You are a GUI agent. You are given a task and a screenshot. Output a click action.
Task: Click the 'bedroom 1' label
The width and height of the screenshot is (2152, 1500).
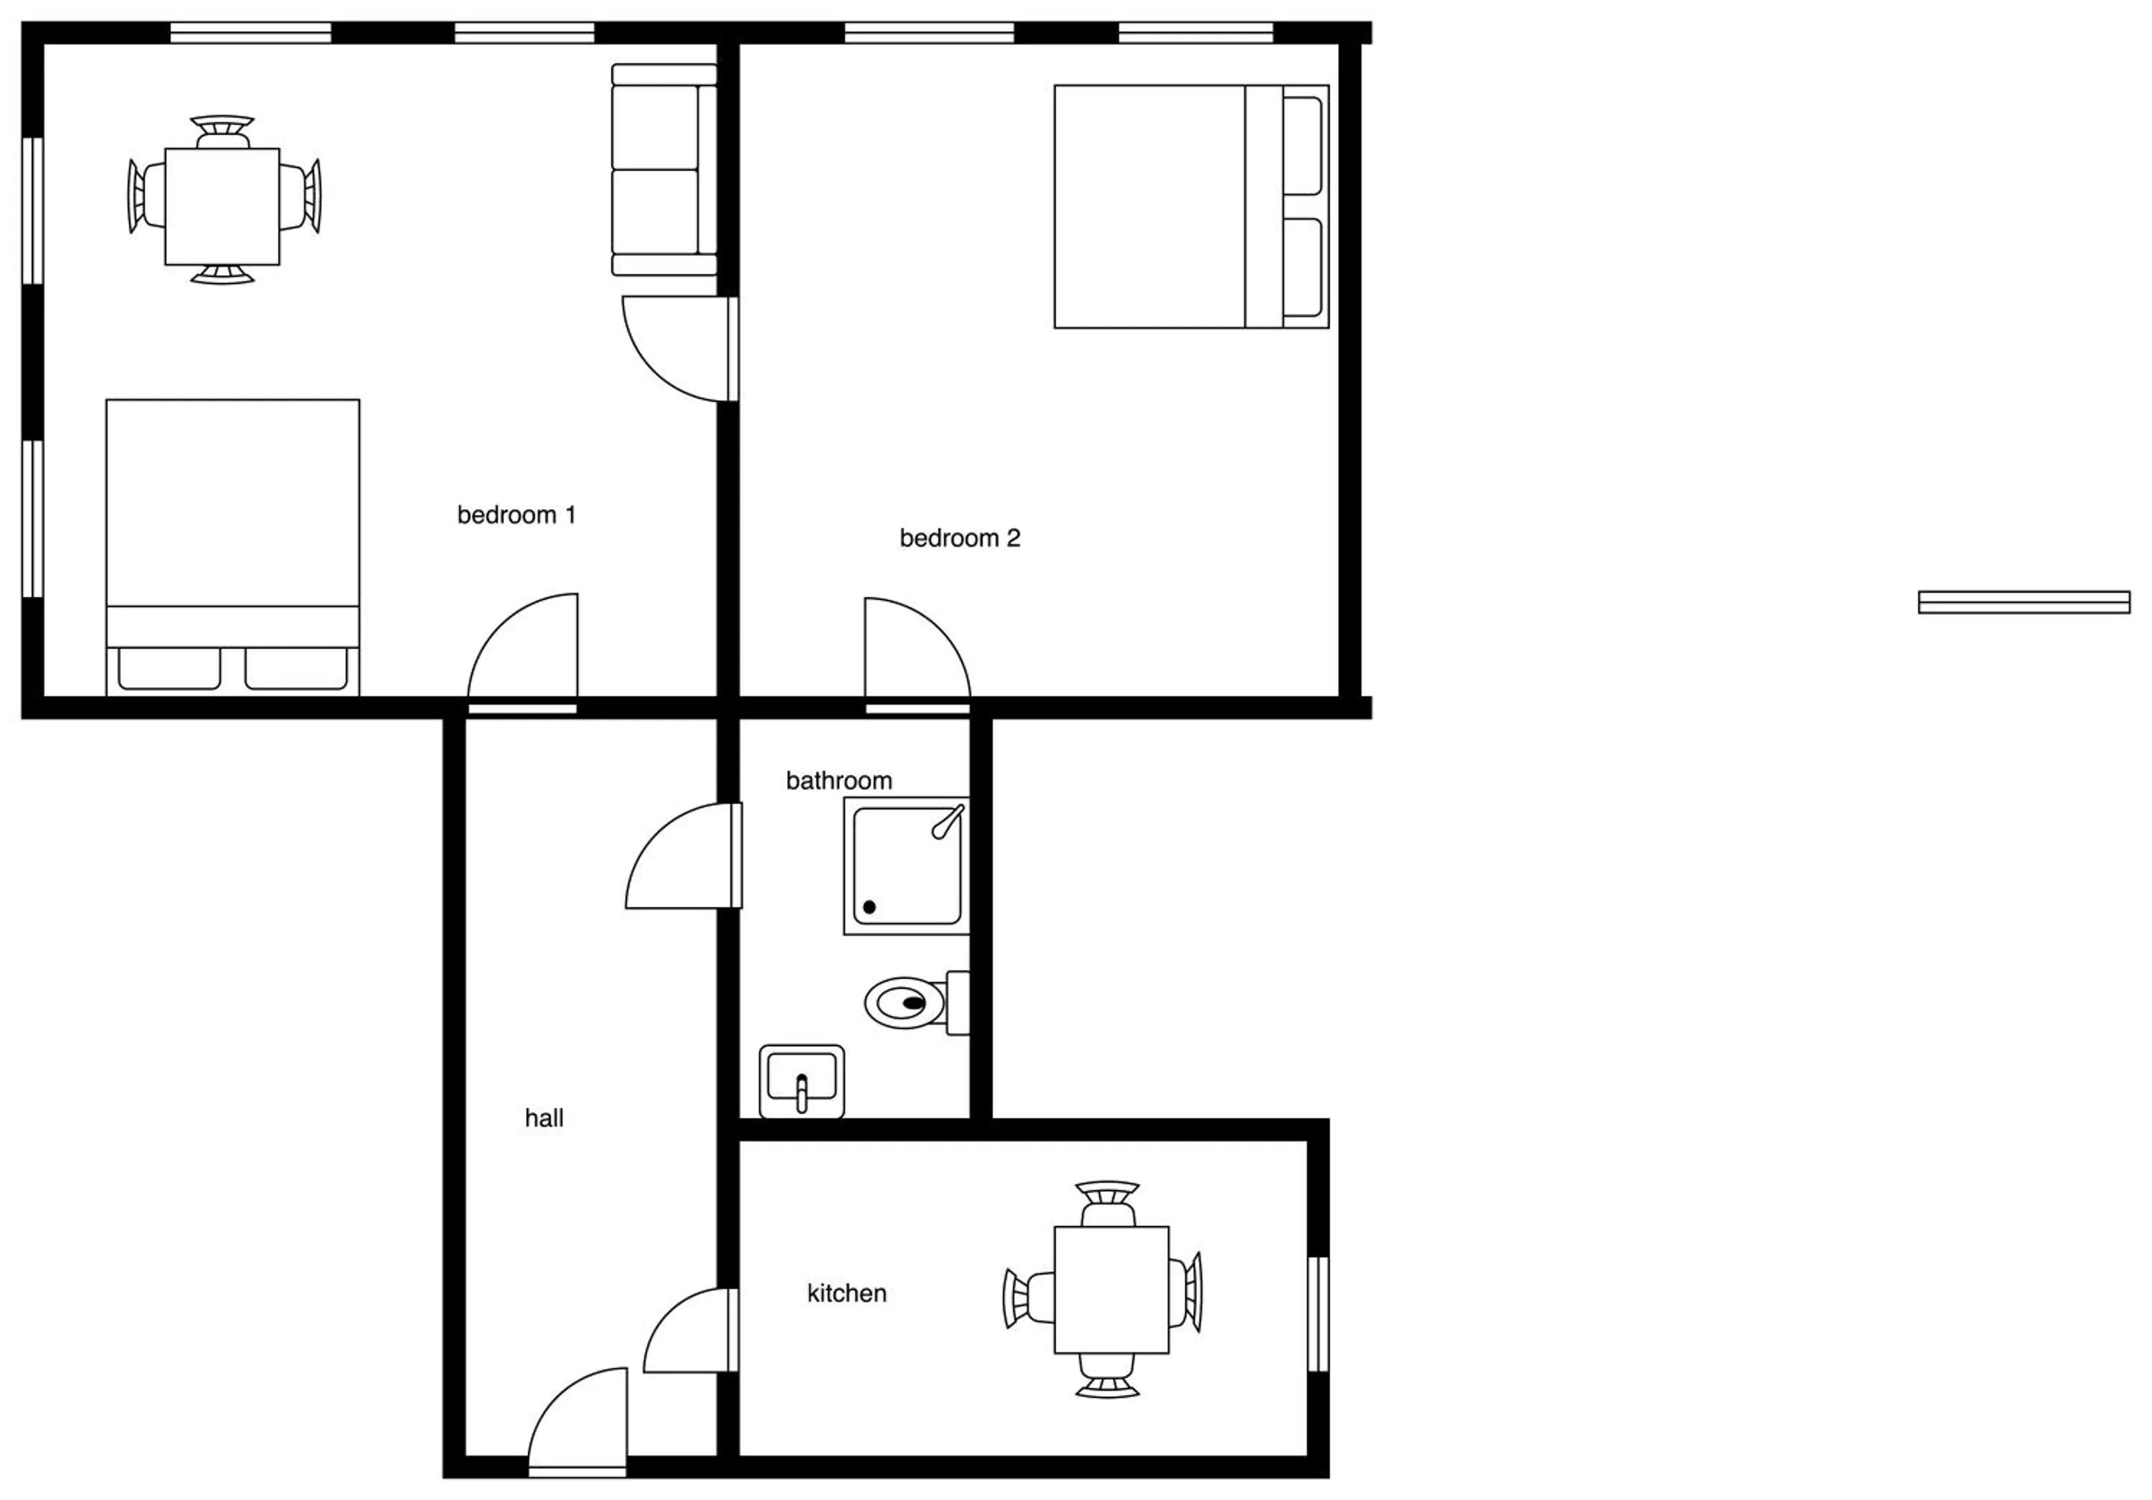(x=516, y=515)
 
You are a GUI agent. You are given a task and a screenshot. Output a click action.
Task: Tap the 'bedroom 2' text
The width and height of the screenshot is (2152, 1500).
(x=960, y=538)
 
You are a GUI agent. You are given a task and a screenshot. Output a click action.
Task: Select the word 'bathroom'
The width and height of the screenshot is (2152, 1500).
(x=839, y=781)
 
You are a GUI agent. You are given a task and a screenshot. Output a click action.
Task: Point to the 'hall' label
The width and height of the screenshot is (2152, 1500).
(x=544, y=1117)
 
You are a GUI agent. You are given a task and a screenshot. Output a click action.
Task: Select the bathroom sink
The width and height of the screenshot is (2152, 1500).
(x=801, y=1081)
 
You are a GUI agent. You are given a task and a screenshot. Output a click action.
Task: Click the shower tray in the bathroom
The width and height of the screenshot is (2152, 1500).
(x=907, y=866)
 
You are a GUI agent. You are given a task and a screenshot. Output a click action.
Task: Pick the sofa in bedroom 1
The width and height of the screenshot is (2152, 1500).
(x=664, y=169)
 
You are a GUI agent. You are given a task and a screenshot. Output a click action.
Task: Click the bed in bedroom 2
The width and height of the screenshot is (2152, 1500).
(x=1191, y=206)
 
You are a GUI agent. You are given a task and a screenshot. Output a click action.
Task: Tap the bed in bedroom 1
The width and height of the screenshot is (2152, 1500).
(x=232, y=548)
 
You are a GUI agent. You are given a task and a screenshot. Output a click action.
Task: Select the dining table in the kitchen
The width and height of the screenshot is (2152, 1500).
(x=1112, y=1289)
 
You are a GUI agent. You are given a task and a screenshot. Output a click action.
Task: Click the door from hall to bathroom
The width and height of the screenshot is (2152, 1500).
(x=684, y=855)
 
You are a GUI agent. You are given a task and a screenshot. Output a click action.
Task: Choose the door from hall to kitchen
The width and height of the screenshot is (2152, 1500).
(x=692, y=1331)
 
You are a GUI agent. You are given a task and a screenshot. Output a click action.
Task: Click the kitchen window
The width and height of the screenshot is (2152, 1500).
(x=1318, y=1314)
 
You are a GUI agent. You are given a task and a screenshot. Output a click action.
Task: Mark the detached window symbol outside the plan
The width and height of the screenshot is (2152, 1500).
(x=2024, y=602)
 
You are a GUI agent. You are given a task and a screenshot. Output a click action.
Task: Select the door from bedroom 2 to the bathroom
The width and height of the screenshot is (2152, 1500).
(x=917, y=655)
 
